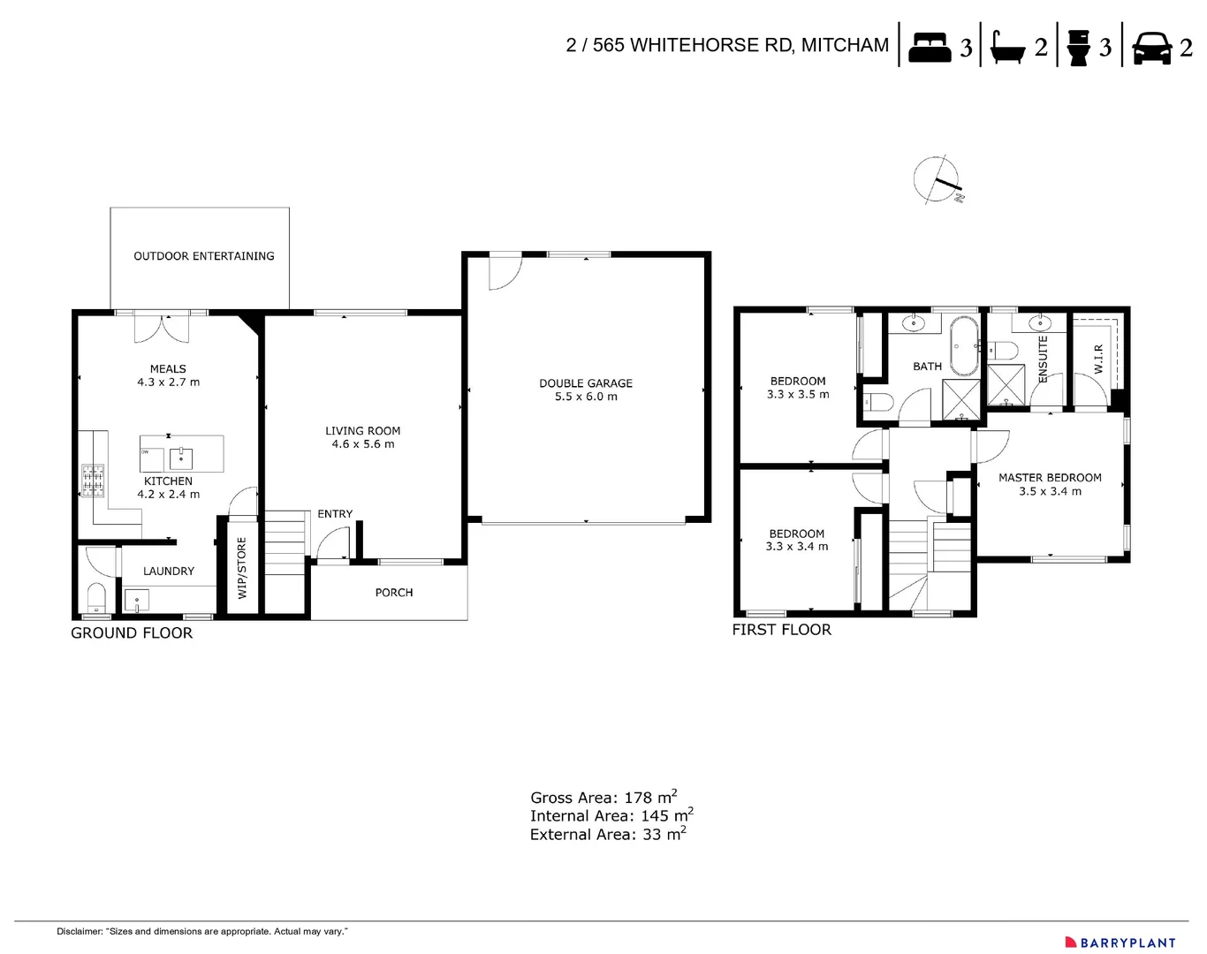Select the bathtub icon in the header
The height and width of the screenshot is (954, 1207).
[1007, 47]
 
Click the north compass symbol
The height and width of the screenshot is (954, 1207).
[937, 180]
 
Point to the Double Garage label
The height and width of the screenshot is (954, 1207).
[586, 383]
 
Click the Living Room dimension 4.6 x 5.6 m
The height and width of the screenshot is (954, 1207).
[362, 444]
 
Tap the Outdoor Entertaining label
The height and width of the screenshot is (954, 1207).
[203, 256]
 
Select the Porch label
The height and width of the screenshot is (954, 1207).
[393, 593]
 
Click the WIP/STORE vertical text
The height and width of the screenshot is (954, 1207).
[242, 568]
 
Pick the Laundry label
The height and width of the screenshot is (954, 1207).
[168, 572]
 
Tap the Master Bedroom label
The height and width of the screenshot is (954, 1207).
[1050, 478]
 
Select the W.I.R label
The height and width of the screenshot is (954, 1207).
[1098, 359]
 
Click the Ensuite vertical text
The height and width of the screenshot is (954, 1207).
[1043, 359]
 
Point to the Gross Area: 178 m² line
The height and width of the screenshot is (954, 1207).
[603, 797]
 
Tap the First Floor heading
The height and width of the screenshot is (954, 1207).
[781, 630]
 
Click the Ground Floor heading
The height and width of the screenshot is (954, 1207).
[132, 633]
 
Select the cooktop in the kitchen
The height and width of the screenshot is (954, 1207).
[93, 480]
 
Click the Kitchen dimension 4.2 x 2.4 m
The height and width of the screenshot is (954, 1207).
[168, 495]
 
